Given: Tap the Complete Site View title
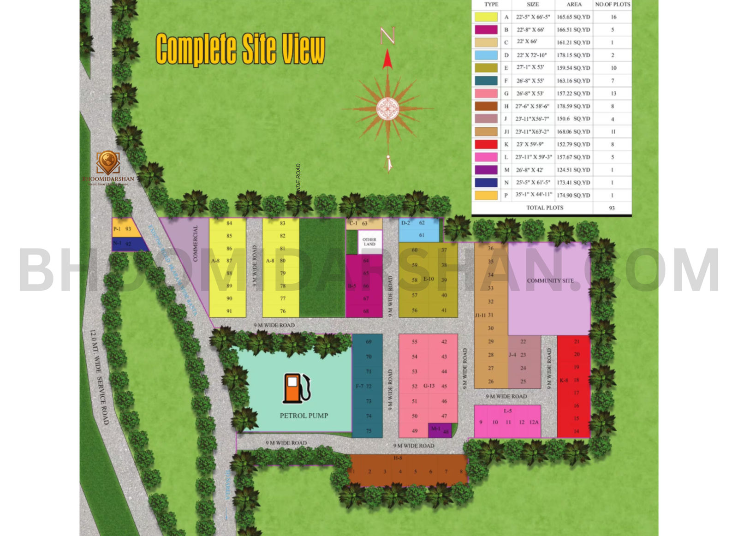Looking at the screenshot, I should [x=240, y=49].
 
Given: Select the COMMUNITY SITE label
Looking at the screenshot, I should [x=550, y=280].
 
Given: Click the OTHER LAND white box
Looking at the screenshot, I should [x=369, y=242].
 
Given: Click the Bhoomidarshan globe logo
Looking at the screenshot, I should [x=108, y=162].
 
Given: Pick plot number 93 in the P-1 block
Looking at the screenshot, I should [x=128, y=229].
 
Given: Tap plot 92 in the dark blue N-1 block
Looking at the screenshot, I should [x=128, y=244].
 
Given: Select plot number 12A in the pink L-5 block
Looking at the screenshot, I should [x=534, y=422].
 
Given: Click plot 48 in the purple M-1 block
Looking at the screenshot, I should [x=446, y=432].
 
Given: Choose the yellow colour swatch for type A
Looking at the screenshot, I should [x=486, y=17].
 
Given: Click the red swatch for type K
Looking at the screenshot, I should [x=486, y=144].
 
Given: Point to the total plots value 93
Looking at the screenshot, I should [x=612, y=208].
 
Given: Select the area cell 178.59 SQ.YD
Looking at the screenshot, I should [x=573, y=106].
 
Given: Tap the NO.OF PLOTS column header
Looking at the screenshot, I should [x=612, y=5].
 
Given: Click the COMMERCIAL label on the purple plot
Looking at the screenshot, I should [x=195, y=244].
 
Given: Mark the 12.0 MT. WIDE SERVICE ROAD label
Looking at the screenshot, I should [x=99, y=377].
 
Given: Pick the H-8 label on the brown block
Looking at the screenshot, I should [x=398, y=458].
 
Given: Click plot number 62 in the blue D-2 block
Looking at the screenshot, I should [x=422, y=223].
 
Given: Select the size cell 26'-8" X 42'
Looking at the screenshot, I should [x=533, y=170].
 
